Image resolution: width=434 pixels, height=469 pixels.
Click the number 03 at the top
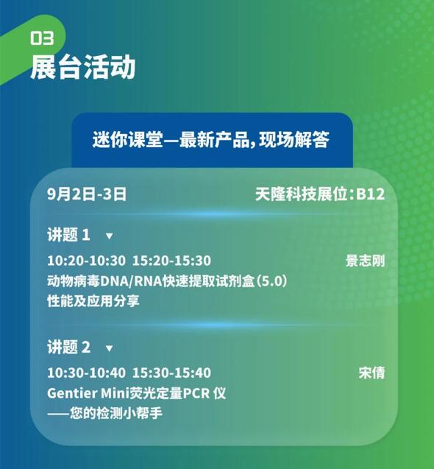42,38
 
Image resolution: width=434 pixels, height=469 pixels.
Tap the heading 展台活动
83,67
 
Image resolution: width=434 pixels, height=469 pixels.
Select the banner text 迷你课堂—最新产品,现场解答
211,139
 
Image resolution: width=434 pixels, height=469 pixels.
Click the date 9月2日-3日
87,194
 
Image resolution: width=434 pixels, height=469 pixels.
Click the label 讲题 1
68,234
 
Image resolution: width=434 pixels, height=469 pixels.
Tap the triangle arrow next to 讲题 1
109,236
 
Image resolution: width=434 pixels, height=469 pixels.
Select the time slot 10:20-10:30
86,261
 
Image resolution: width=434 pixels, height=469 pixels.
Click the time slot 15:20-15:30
171,261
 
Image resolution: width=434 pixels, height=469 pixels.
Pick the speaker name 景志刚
366,261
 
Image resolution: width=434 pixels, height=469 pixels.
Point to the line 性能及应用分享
93,301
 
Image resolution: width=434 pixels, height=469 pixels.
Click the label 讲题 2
68,347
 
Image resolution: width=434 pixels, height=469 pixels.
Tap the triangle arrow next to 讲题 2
109,348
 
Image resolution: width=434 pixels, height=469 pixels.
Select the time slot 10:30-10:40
86,373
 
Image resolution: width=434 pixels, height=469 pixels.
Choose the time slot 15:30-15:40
171,373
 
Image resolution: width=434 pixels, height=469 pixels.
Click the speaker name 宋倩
371,373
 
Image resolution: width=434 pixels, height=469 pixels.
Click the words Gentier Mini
88,393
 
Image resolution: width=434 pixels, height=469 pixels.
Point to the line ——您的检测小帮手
104,413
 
